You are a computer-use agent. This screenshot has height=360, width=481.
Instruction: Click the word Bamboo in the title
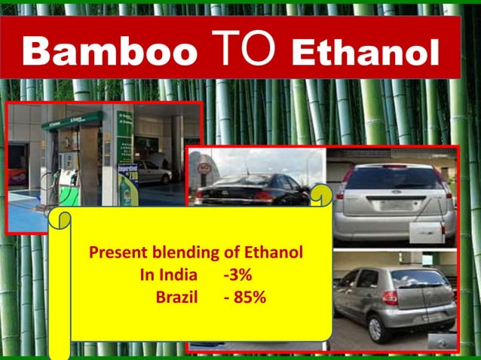[x=110, y=51]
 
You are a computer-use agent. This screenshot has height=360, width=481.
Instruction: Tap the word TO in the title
[x=244, y=50]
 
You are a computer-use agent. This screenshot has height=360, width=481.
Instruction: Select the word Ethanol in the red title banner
[x=364, y=52]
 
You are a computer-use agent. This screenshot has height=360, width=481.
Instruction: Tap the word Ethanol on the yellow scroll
[x=274, y=252]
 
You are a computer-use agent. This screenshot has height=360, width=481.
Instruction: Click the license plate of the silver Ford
[x=394, y=204]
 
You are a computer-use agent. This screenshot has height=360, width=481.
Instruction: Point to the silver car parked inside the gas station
[x=155, y=174]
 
